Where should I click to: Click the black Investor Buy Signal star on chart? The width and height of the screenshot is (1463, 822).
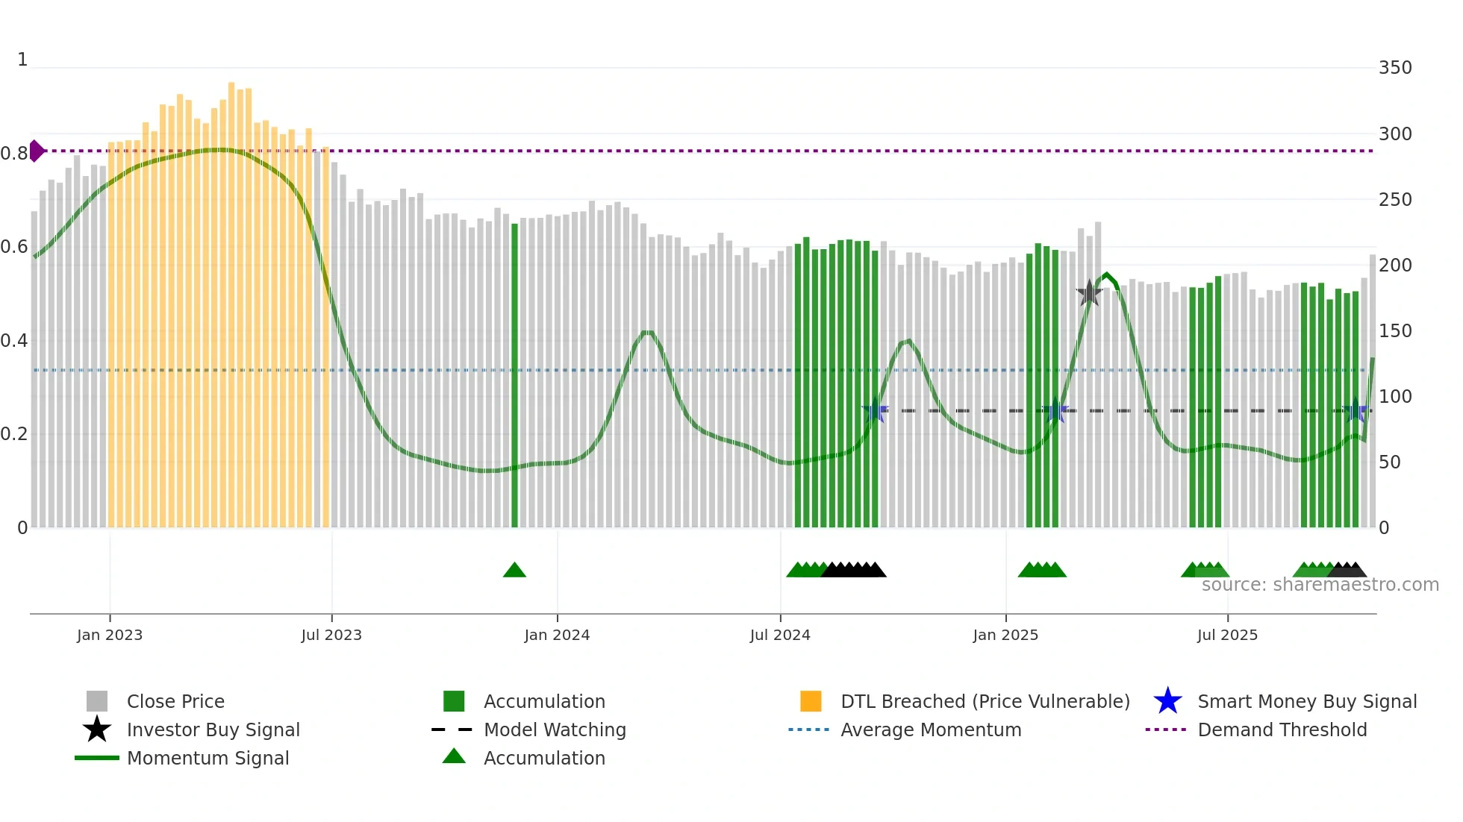[x=1089, y=293]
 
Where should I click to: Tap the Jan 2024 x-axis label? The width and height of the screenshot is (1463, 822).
[x=557, y=635]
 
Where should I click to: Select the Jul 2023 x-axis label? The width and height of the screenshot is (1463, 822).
[x=331, y=635]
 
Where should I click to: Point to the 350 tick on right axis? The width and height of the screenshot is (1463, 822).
[x=1395, y=68]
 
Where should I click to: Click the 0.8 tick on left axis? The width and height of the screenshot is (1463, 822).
[x=14, y=154]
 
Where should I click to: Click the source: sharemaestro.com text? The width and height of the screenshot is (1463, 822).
[x=1320, y=585]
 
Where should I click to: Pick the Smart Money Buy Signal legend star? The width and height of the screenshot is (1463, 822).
[x=1167, y=701]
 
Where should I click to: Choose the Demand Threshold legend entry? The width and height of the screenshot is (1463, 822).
[x=1282, y=730]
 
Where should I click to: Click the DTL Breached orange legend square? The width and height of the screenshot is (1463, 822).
[x=811, y=701]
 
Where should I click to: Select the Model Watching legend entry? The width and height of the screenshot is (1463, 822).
[x=554, y=730]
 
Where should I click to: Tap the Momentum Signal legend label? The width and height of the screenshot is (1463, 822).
[x=208, y=758]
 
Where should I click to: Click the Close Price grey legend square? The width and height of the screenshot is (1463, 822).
[x=97, y=701]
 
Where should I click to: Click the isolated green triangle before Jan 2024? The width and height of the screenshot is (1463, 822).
[x=514, y=571]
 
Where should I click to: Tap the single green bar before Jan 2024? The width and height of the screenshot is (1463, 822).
[x=514, y=373]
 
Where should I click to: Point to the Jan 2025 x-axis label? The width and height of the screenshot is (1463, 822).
[x=1005, y=635]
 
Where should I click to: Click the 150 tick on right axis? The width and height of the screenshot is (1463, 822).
[x=1395, y=330]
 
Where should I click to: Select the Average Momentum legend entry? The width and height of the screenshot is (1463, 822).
[x=930, y=730]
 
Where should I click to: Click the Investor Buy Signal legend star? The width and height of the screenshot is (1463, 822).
[x=97, y=730]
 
